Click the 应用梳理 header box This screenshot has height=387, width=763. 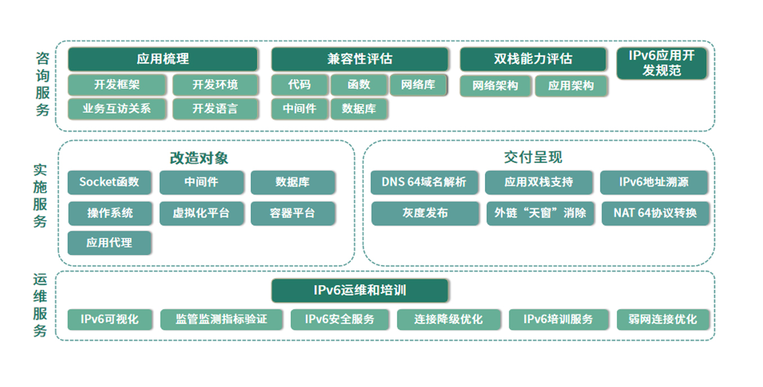click(163, 59)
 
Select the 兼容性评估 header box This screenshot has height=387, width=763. click(360, 59)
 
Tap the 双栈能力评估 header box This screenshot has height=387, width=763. click(533, 59)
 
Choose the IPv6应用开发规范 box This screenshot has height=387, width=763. click(662, 64)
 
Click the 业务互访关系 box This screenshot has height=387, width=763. click(117, 109)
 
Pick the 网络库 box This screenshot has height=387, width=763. click(418, 85)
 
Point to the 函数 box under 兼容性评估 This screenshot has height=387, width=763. click(359, 85)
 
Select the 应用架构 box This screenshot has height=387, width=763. click(571, 85)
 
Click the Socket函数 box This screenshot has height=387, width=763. click(109, 182)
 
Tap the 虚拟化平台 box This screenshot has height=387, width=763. click(202, 213)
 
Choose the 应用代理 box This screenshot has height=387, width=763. click(109, 243)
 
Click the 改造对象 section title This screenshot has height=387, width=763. click(199, 158)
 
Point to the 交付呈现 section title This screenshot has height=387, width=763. click(533, 157)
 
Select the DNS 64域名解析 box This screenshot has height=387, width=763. click(424, 182)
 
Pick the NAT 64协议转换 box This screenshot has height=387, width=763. click(655, 213)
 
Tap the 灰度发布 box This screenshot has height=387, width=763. click(425, 213)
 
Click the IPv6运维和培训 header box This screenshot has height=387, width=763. click(360, 291)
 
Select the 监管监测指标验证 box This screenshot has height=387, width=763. click(221, 319)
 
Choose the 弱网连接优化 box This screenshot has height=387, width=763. click(663, 319)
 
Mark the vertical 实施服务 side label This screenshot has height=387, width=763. click(40, 196)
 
